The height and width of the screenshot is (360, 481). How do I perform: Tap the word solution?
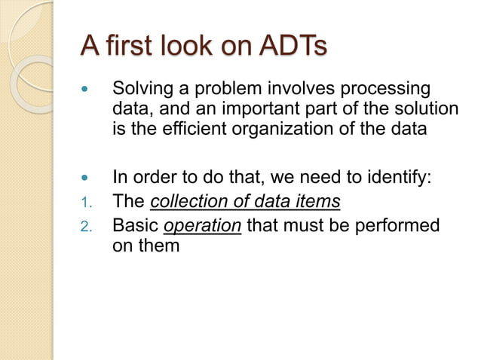pyautogui.click(x=425, y=110)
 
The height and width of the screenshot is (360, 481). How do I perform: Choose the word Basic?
pyautogui.click(x=135, y=225)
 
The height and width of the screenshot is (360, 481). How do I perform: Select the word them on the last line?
pyautogui.click(x=160, y=245)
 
